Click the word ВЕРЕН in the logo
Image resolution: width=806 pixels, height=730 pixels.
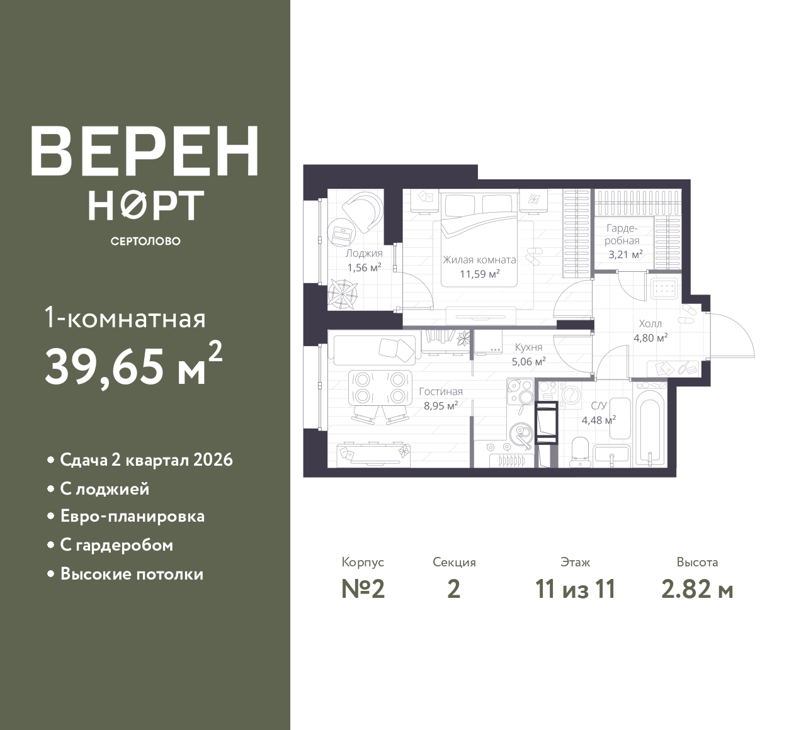(145, 151)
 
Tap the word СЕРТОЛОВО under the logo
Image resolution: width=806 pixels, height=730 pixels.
(145, 241)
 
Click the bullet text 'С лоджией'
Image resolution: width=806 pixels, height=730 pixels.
(105, 489)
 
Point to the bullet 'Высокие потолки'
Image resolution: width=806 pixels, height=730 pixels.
(132, 574)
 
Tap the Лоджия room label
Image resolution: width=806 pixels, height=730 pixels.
(364, 254)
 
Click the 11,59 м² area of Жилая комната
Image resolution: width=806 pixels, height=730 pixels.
(480, 274)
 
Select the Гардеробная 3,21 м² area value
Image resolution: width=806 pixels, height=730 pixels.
(625, 254)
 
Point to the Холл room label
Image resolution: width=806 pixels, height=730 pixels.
(650, 323)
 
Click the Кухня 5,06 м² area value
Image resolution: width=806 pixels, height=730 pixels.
(528, 362)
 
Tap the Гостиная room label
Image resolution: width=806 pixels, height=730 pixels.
(441, 391)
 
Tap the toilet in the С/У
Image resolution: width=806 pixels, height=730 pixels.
(580, 452)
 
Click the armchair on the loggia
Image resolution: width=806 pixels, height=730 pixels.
(362, 210)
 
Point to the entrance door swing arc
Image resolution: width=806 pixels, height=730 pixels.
(739, 330)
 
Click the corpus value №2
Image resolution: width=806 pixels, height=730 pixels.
(363, 590)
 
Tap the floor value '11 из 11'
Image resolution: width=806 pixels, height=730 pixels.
(575, 590)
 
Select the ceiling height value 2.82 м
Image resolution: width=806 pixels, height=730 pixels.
(697, 590)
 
